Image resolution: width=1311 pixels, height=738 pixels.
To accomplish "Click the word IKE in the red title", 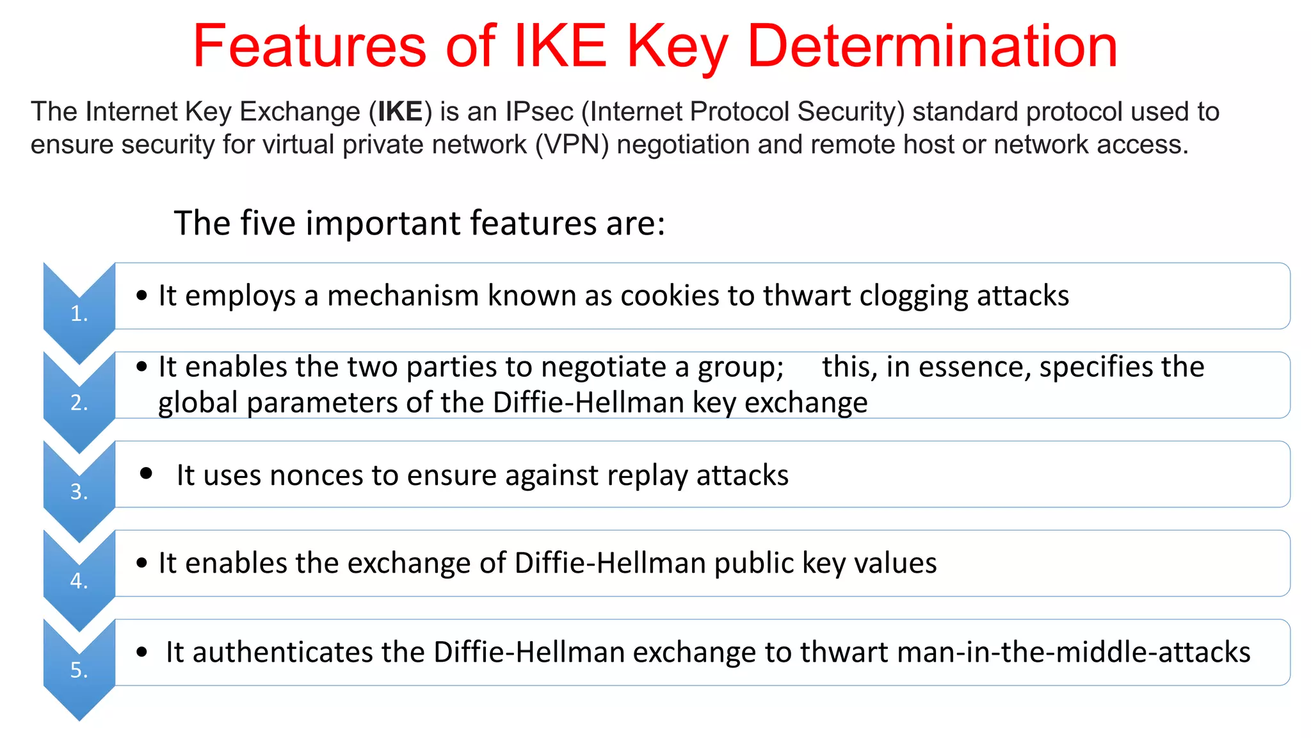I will pos(560,46).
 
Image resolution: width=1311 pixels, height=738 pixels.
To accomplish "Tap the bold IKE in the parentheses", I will pos(400,112).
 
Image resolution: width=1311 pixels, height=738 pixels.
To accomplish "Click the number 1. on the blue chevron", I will pos(79,314).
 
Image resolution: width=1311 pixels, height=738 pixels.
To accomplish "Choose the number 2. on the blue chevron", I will pos(79,403).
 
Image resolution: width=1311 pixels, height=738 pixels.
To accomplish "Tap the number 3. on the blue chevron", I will pos(79,492).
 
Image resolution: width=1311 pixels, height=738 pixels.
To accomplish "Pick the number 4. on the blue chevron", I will pos(79,581).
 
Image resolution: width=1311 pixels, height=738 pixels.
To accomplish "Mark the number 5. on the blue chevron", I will pos(79,670).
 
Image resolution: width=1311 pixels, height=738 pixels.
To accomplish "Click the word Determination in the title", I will pos(932,46).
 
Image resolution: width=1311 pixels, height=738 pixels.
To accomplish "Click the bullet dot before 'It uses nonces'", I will pos(147,473).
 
